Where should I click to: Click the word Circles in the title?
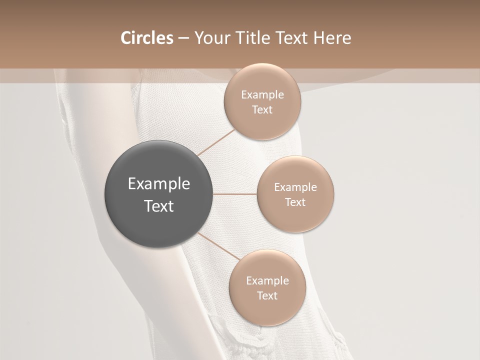[146, 38]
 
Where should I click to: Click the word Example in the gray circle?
[158, 184]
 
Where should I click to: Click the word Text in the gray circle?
[158, 206]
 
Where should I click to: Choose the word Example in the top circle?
[262, 95]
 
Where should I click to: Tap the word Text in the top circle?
[262, 110]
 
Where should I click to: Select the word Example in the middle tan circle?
[295, 187]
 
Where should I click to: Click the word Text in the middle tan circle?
[295, 202]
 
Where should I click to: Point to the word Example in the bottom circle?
[267, 281]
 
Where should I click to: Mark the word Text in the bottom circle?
[267, 296]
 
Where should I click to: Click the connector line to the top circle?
[216, 142]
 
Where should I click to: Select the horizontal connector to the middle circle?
[234, 194]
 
